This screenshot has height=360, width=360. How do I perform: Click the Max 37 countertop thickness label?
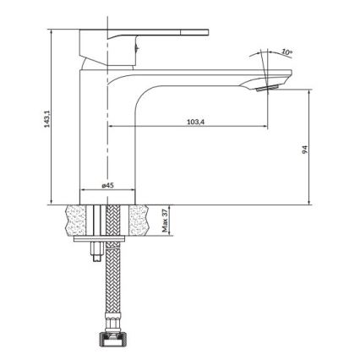click(164, 221)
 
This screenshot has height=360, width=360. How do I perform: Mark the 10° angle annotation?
click(287, 53)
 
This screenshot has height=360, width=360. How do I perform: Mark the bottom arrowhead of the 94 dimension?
click(310, 202)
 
